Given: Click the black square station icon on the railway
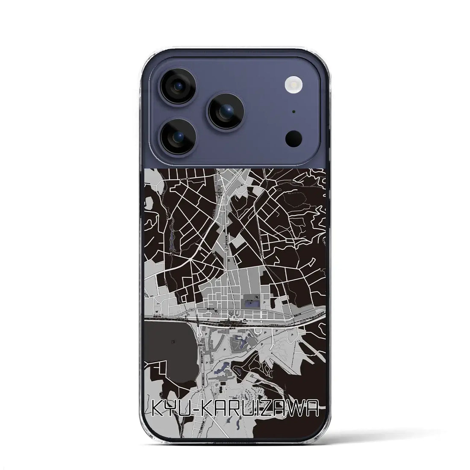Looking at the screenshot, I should point(245,320).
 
